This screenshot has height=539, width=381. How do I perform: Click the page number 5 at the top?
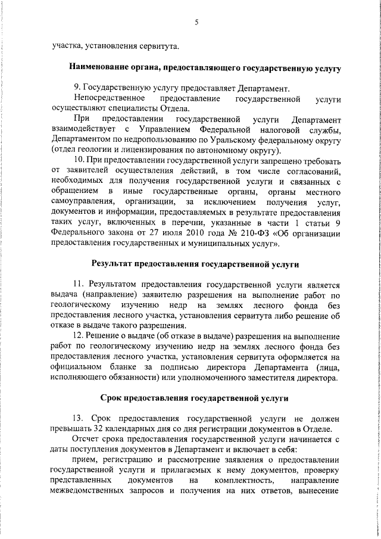pyautogui.click(x=195, y=23)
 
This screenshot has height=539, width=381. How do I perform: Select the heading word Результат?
pyautogui.click(x=113, y=263)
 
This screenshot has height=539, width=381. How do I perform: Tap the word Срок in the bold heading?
pyautogui.click(x=113, y=397)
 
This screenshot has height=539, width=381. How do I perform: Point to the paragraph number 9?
pyautogui.click(x=76, y=87)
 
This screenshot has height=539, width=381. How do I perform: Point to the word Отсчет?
pyautogui.click(x=87, y=440)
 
